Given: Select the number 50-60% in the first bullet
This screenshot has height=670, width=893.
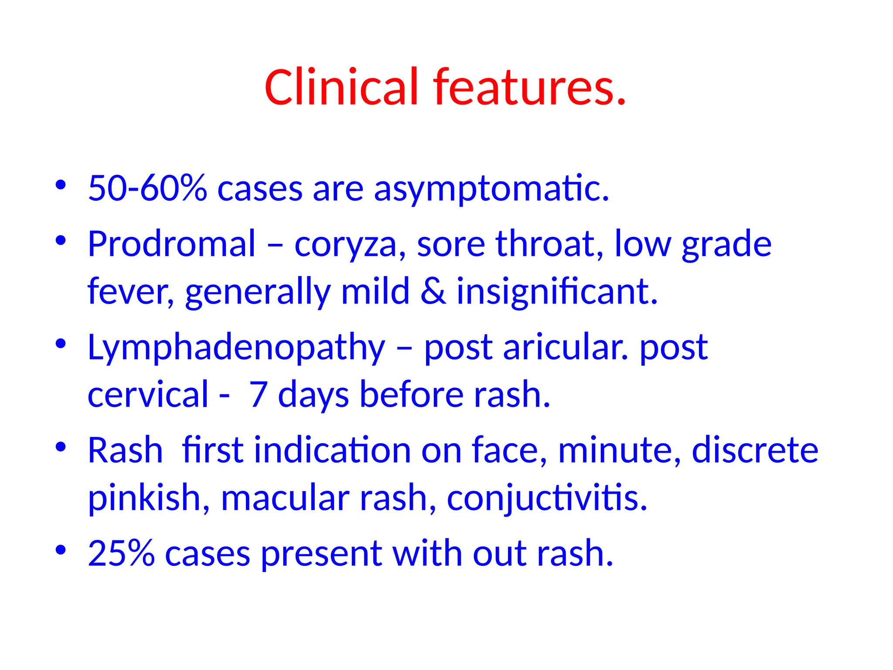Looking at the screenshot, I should click(x=147, y=188).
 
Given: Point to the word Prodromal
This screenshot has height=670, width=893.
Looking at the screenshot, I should click(x=171, y=244).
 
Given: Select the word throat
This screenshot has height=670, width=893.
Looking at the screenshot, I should click(x=549, y=244).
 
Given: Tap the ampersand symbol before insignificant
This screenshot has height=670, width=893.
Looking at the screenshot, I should click(x=433, y=291).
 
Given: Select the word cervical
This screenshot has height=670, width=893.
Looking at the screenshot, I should click(x=148, y=394).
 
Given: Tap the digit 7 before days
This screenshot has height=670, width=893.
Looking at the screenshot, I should click(x=258, y=394).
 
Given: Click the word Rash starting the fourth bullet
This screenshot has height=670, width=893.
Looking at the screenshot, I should click(x=125, y=450).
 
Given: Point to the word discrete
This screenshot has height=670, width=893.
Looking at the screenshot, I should click(x=755, y=450).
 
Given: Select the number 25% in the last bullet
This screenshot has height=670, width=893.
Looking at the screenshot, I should click(x=121, y=553).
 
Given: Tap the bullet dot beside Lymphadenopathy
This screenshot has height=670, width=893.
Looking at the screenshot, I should click(x=61, y=344).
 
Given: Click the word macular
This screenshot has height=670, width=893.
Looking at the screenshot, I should click(x=285, y=498).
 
